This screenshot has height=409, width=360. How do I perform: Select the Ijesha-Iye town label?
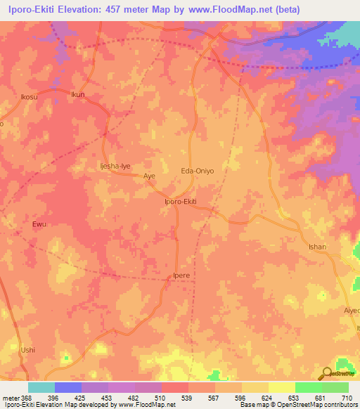[x=114, y=167]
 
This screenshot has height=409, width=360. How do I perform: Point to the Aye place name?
[x=149, y=176]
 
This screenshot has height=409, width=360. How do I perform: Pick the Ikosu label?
[x=29, y=96]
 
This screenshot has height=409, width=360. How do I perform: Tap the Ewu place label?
[x=39, y=225]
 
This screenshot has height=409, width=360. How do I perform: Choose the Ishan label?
[x=319, y=247]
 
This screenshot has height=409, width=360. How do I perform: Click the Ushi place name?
[x=27, y=349]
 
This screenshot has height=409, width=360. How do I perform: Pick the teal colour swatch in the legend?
[x=41, y=387]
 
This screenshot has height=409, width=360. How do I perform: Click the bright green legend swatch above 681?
[x=308, y=387]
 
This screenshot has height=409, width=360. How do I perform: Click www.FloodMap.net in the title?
[x=238, y=9]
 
